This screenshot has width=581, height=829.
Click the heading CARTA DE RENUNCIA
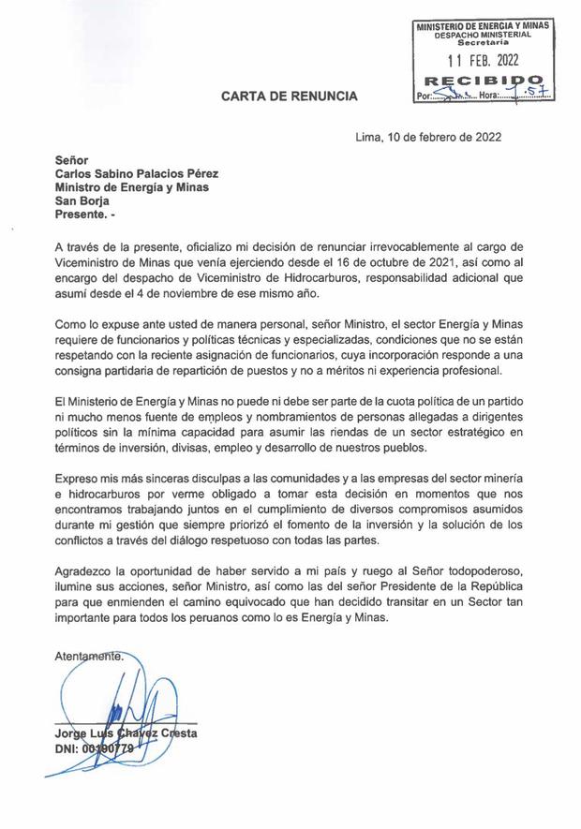[x=289, y=96]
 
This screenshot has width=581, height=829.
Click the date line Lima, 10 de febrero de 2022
[x=428, y=137]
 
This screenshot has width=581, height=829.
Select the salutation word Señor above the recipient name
[x=72, y=159]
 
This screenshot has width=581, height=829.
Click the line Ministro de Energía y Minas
[x=131, y=186]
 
